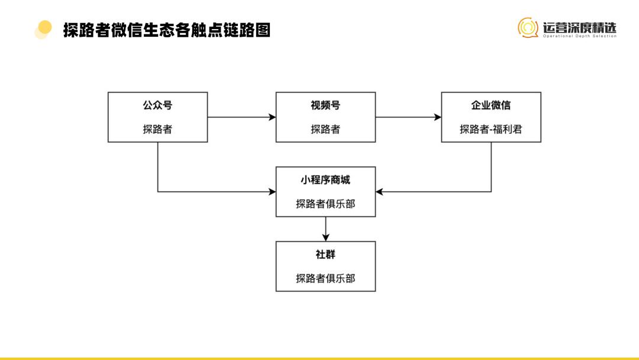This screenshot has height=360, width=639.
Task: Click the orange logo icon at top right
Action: coord(528,27)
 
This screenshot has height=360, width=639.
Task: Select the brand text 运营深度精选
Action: coord(579,27)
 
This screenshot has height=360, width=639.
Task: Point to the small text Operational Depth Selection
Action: coord(579,36)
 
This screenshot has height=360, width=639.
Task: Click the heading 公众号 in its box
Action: coord(157,105)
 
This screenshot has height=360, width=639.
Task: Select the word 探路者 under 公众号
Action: coord(157,129)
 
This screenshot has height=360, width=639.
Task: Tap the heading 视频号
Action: coord(325,105)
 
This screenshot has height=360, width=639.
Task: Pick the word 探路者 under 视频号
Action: coord(325,129)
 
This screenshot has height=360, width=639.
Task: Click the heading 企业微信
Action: coord(491,105)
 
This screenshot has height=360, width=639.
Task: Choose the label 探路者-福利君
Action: coord(491,129)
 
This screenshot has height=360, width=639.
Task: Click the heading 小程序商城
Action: coord(325,180)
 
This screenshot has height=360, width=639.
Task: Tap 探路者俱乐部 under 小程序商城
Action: coord(325,204)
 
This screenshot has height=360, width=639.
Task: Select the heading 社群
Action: coord(325,255)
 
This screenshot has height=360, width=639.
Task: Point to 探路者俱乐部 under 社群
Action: coord(325,278)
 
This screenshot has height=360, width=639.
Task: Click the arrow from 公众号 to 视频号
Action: coord(241,117)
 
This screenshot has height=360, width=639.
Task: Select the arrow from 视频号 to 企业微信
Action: coord(408,117)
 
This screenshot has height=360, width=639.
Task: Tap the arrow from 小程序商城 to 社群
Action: coord(325,229)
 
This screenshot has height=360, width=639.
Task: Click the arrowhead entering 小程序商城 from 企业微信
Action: coord(380,192)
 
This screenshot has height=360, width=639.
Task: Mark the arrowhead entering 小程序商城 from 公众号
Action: coord(272,192)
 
